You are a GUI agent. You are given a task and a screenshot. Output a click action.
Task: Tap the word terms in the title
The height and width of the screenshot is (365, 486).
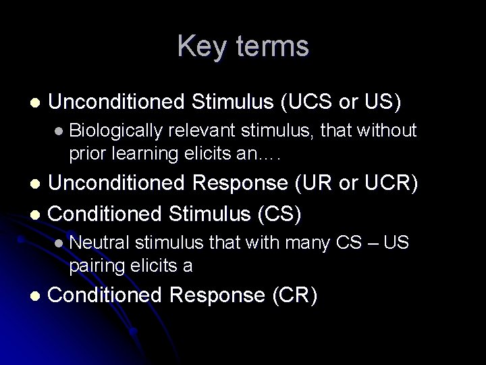[269, 47]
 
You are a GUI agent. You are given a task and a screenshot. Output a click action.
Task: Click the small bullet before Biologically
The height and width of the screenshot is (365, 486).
[59, 130]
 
